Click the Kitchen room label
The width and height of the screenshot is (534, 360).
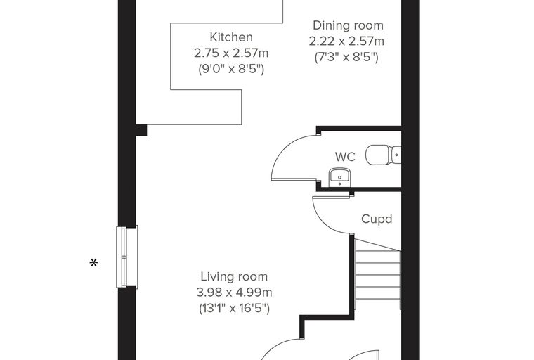point(231,37)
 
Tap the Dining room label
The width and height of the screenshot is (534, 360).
point(348,25)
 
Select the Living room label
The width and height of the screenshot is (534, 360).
point(234,277)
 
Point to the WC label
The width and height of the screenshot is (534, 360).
point(345,157)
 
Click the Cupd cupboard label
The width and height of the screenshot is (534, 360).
point(377,219)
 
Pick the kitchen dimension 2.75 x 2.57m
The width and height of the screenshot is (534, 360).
point(231,53)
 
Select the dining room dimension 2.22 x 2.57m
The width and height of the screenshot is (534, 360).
point(346,41)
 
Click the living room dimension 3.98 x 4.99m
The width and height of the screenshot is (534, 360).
point(234,292)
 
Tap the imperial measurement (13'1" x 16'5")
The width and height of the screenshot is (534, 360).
point(234,309)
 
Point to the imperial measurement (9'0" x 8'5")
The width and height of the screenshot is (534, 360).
point(231,69)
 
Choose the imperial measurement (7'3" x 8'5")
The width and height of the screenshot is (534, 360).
point(346,57)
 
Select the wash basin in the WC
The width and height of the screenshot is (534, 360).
point(339,177)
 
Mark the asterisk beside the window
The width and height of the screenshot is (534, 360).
point(93,263)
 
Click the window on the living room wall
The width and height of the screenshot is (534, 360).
point(127,257)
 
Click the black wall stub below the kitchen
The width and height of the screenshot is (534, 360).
point(141,130)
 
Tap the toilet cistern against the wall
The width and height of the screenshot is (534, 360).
point(397,155)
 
